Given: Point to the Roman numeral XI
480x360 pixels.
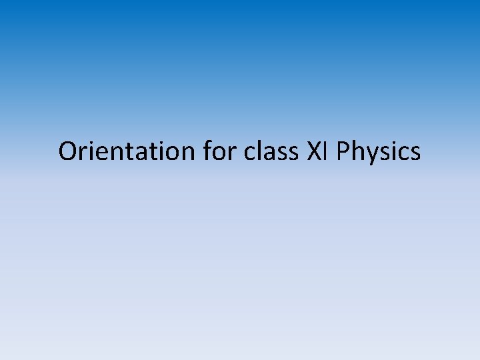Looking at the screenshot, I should pyautogui.click(x=318, y=151).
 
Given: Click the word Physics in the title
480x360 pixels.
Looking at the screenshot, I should pyautogui.click(x=379, y=151).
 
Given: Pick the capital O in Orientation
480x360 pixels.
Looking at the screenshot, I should pyautogui.click(x=69, y=151).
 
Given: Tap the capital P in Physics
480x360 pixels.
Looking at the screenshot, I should pyautogui.click(x=344, y=151).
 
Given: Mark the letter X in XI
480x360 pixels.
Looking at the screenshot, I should pyautogui.click(x=313, y=151).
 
